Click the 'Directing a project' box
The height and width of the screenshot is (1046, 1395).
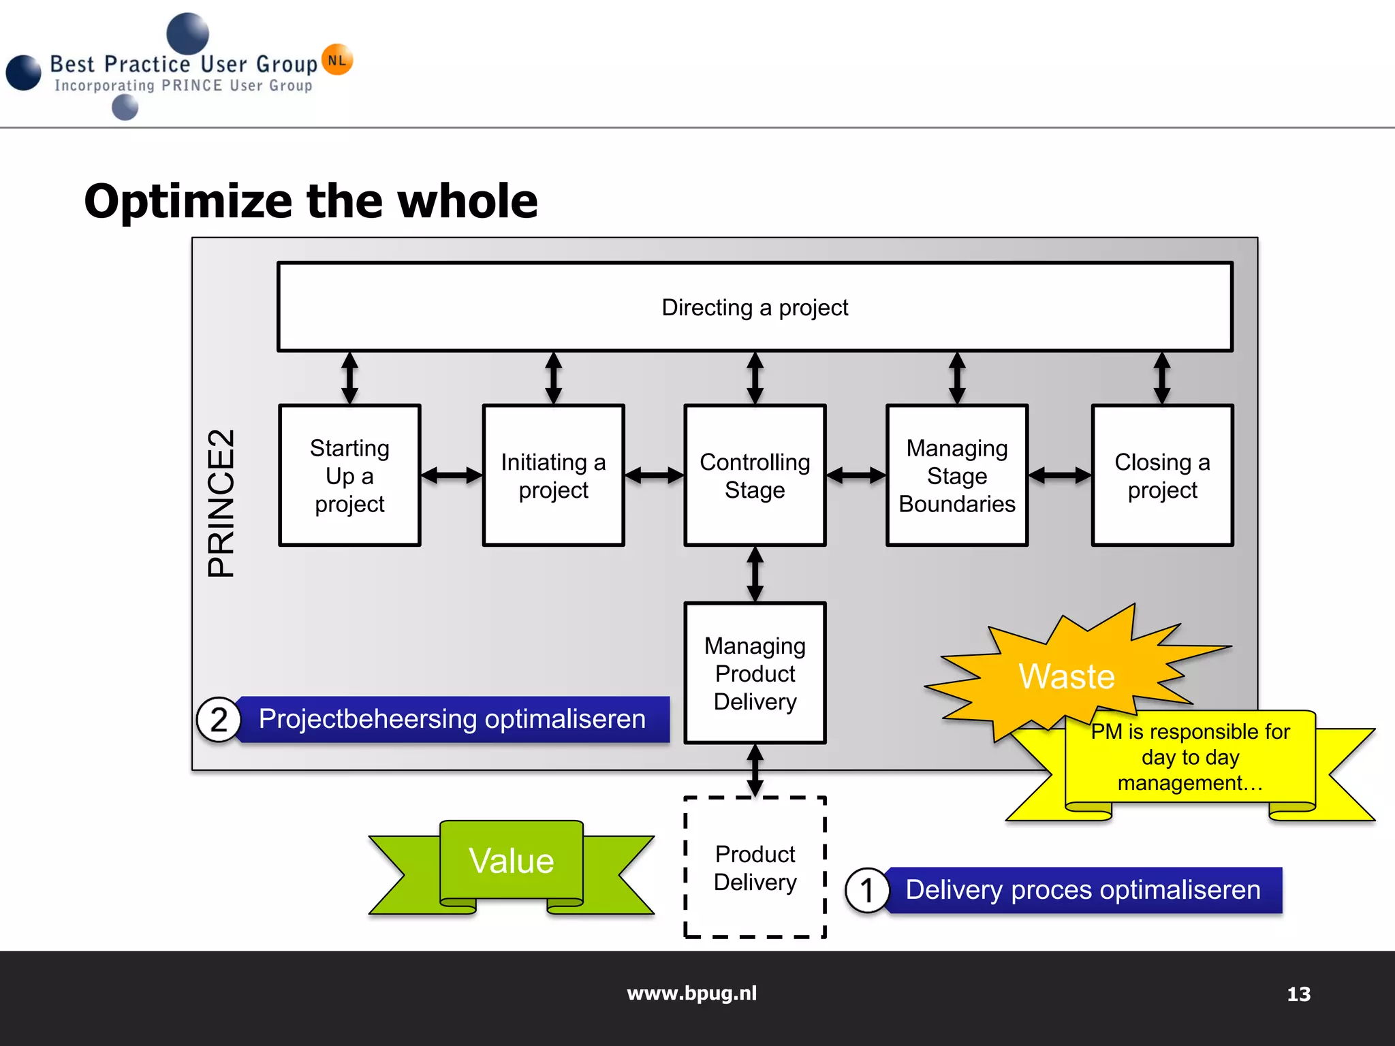point(755,307)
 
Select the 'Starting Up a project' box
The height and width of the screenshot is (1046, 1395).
point(349,475)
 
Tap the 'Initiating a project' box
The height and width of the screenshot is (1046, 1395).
point(553,475)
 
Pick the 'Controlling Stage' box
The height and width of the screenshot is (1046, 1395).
point(755,475)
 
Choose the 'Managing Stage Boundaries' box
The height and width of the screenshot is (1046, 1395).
point(956,475)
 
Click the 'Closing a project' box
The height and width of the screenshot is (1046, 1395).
point(1162,475)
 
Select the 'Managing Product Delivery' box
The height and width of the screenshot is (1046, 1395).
point(755,673)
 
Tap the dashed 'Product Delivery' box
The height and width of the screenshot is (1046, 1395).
point(755,867)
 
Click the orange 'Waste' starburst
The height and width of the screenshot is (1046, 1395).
point(1067,676)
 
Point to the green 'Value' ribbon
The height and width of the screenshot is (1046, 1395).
point(512,861)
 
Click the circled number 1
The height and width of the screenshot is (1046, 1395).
point(866,890)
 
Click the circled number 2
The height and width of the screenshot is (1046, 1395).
point(218,720)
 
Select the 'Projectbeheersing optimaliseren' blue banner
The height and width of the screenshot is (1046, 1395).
point(452,719)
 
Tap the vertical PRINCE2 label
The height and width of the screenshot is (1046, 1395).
point(221,503)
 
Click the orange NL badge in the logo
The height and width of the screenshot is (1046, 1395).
point(337,60)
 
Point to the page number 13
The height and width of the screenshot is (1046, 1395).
point(1298,994)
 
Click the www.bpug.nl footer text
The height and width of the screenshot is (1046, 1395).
point(691,993)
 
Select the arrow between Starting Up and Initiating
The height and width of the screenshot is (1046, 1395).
point(452,475)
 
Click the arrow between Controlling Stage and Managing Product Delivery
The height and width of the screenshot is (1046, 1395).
point(755,574)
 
